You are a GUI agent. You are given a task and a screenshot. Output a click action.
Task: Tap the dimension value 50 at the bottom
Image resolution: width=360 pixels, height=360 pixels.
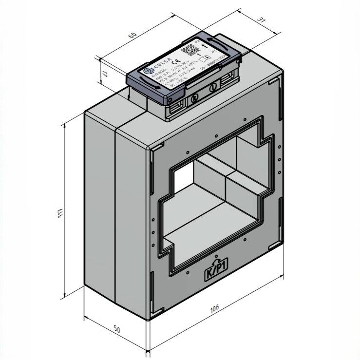(x=117, y=329)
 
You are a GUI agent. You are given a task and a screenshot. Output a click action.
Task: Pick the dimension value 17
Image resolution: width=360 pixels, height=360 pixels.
(x=104, y=75)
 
